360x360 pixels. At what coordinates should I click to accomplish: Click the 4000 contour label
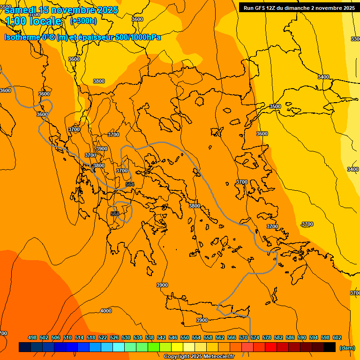(x=106, y=311)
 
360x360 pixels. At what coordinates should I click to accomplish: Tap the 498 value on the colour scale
(x=32, y=337)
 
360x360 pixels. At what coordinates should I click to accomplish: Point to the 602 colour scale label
(x=337, y=337)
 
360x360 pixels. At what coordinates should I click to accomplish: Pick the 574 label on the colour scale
(x=255, y=337)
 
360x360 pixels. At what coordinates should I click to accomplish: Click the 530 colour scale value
(x=126, y=337)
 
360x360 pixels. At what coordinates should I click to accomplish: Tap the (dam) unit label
(x=347, y=348)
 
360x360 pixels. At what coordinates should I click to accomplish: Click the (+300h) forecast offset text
(x=83, y=21)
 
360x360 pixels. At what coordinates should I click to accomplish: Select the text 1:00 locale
(x=33, y=21)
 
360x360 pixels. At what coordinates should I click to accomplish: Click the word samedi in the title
(x=21, y=10)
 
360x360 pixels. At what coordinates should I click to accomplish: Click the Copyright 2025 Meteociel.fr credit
(x=199, y=357)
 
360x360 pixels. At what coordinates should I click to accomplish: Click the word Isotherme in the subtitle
(x=22, y=37)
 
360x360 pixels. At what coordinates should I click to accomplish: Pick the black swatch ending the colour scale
(x=330, y=347)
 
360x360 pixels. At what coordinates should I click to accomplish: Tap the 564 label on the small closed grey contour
(x=115, y=214)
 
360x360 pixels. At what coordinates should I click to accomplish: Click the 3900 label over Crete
(x=202, y=320)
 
